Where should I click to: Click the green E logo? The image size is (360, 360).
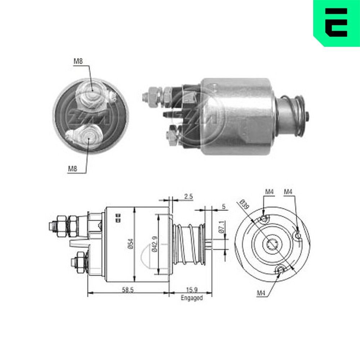[x=337, y=22]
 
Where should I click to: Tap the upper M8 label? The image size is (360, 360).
[x=78, y=61]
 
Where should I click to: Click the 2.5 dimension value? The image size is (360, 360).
[x=188, y=196]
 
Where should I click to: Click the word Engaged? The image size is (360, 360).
[x=192, y=298]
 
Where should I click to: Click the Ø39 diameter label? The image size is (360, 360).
[x=244, y=204]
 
